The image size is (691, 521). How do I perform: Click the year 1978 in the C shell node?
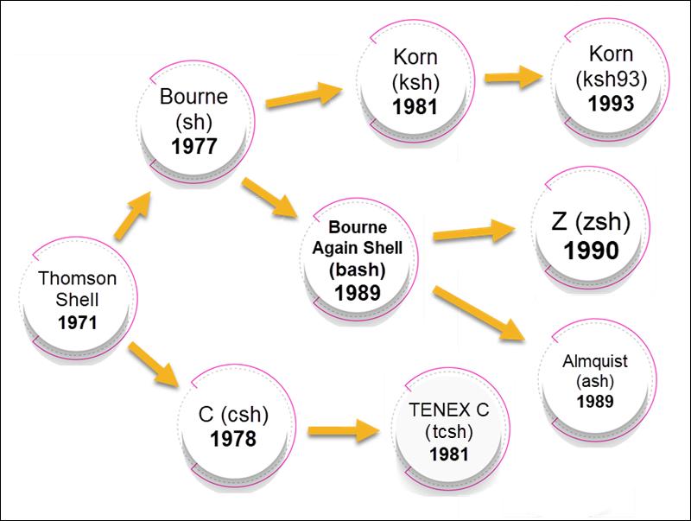232,438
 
